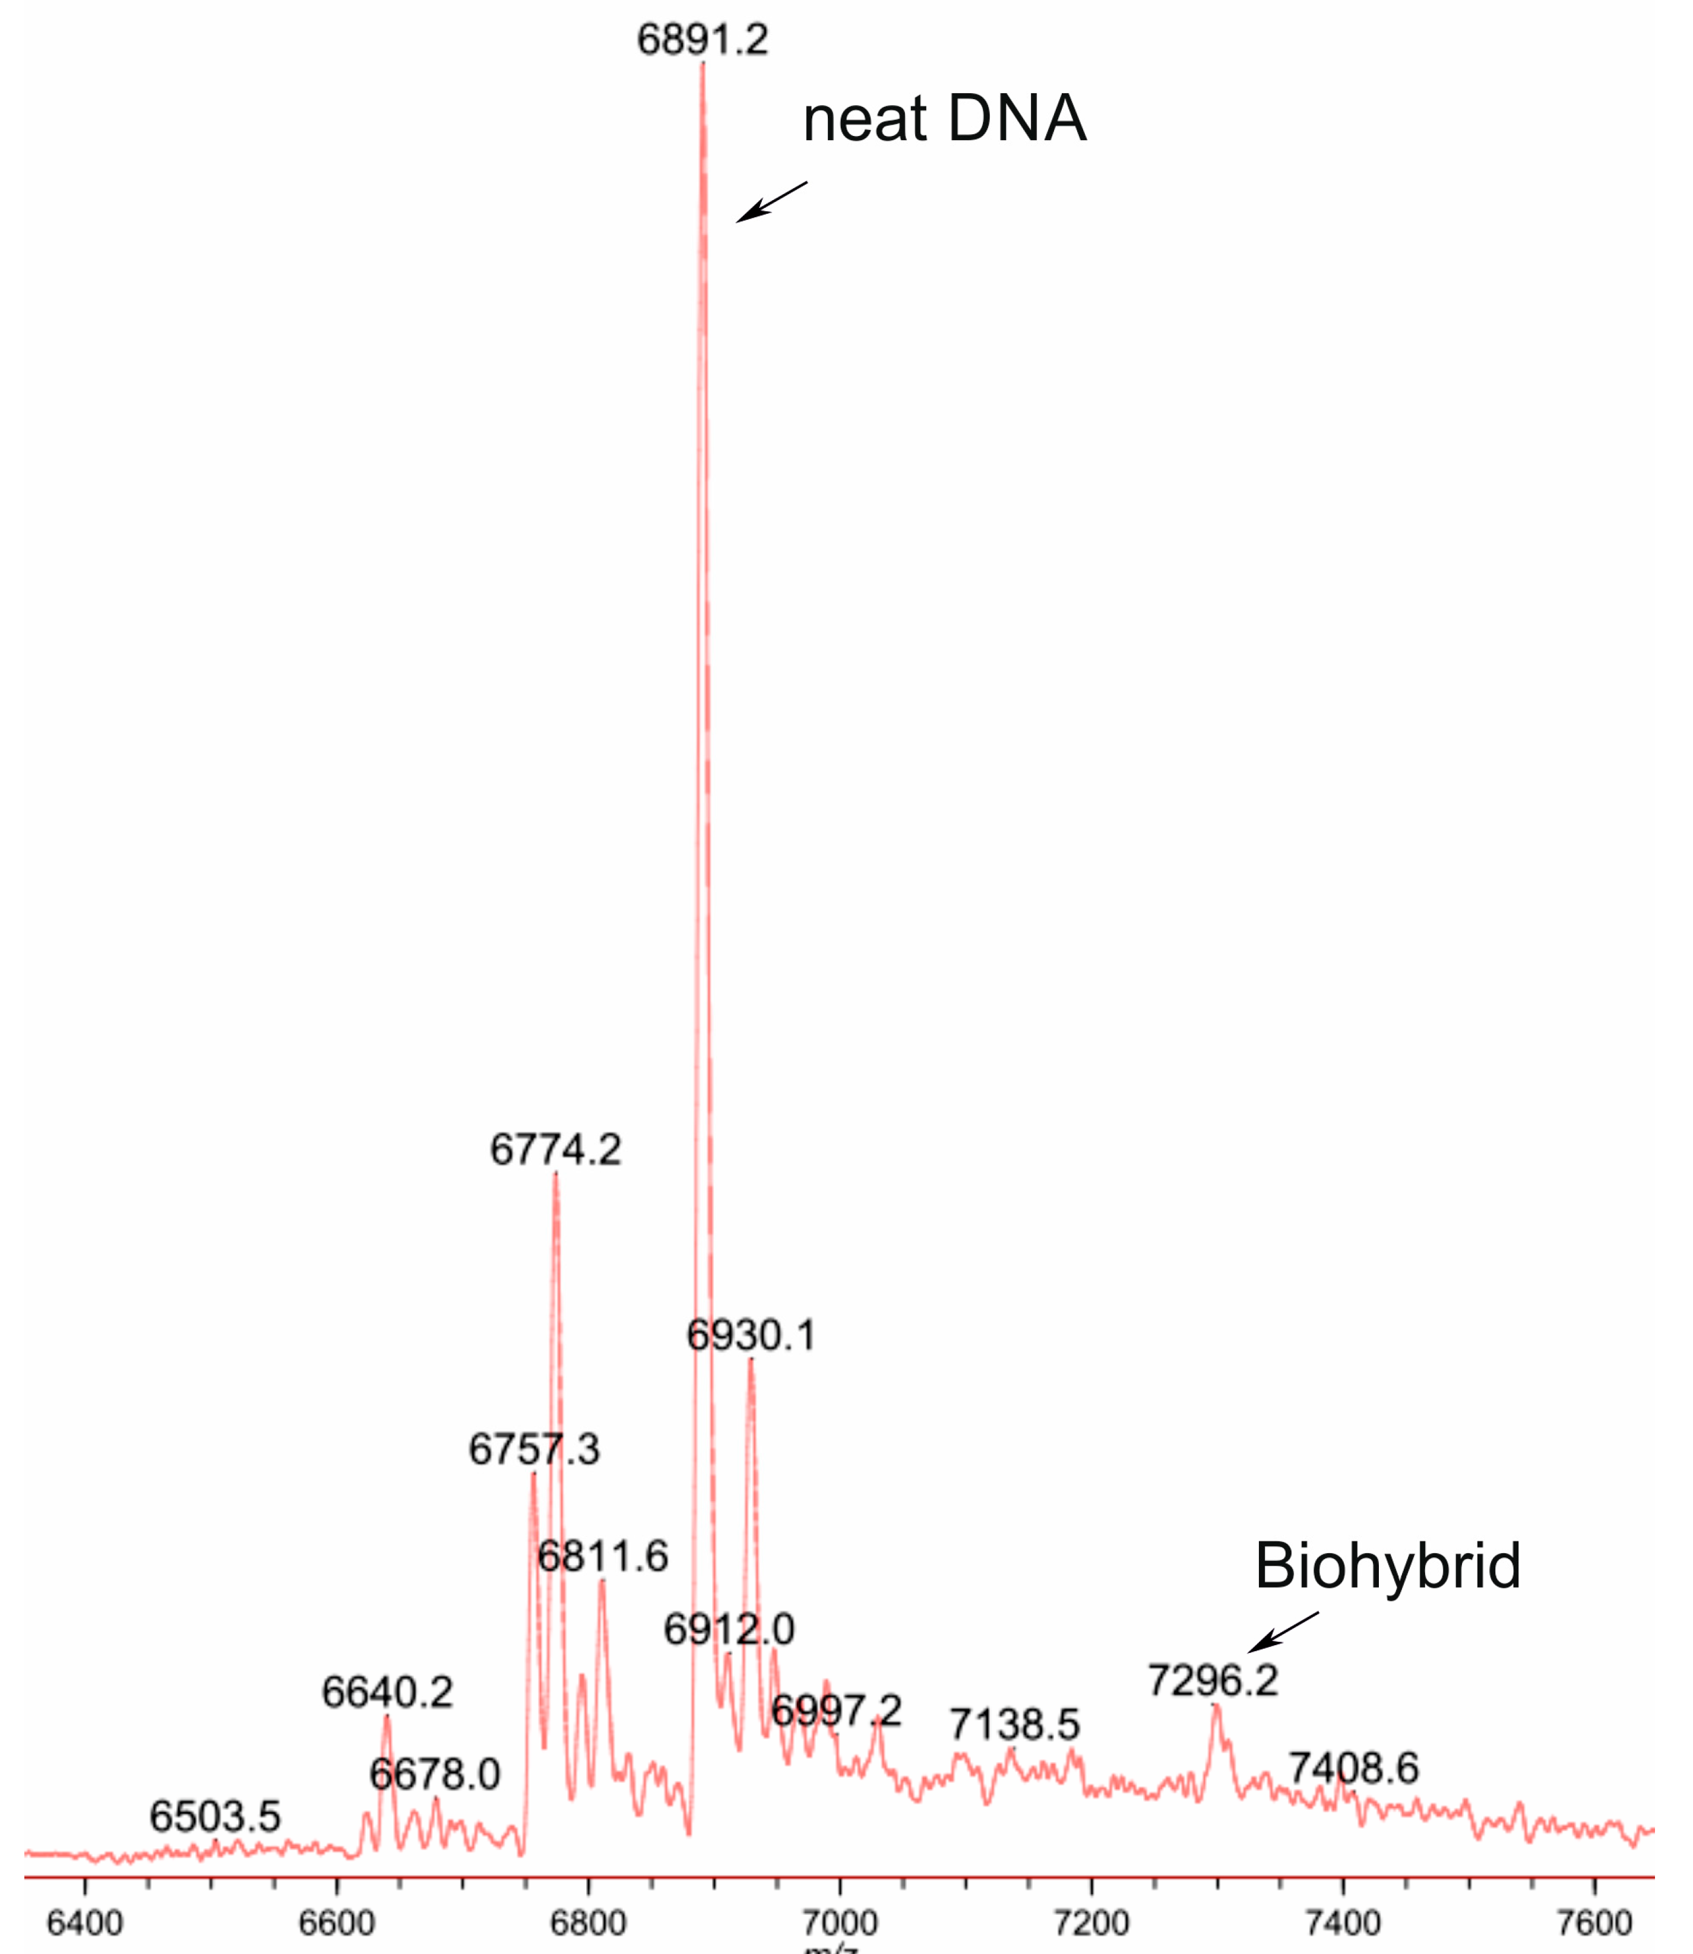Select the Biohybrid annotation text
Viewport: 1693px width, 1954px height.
pos(1387,1565)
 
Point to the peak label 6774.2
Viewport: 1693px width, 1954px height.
pos(555,1150)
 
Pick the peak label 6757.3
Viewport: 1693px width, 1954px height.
pos(534,1449)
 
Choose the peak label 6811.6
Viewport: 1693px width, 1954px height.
pos(603,1556)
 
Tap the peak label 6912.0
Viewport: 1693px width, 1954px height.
pos(729,1629)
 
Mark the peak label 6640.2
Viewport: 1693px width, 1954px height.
pos(387,1692)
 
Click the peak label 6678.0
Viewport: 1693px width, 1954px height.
pos(435,1775)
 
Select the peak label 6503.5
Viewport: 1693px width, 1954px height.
pos(216,1816)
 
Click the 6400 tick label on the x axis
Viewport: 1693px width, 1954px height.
pos(85,1924)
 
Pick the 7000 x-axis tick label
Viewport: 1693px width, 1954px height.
pos(840,1924)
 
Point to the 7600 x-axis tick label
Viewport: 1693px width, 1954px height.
pos(1595,1924)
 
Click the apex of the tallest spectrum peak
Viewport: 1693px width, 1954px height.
pos(702,64)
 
